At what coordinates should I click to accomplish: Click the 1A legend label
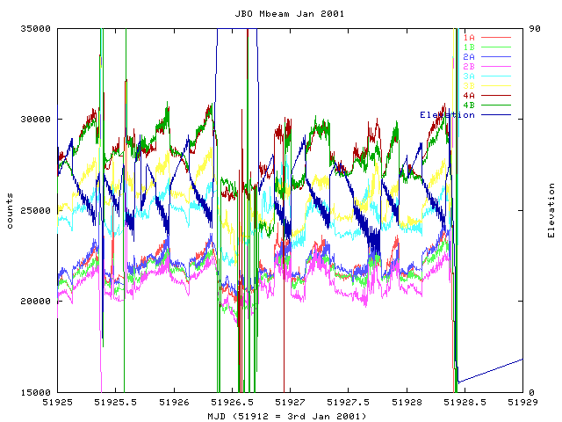pos(469,37)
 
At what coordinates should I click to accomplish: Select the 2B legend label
pos(469,66)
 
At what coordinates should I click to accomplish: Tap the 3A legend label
pos(469,76)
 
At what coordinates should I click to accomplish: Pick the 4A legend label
pos(469,95)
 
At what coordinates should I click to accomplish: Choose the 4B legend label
pos(469,105)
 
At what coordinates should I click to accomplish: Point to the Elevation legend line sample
pos(495,114)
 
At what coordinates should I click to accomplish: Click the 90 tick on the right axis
pos(533,28)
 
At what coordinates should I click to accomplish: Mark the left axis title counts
pos(10,210)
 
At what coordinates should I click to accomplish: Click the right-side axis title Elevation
pos(551,210)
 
